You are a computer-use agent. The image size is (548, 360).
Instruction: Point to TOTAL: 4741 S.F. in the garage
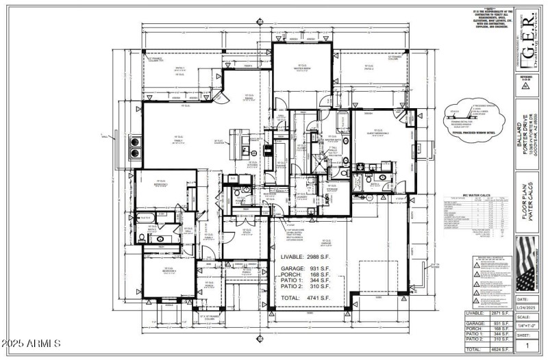click(x=306, y=299)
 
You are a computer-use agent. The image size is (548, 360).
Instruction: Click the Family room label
click(x=177, y=138)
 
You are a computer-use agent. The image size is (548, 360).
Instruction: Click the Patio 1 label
click(x=181, y=69)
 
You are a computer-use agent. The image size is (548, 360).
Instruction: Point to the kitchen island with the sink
click(x=246, y=144)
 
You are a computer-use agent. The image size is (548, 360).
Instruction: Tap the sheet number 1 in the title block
click(x=527, y=346)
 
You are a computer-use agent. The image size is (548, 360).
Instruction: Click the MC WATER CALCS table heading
click(x=475, y=195)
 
